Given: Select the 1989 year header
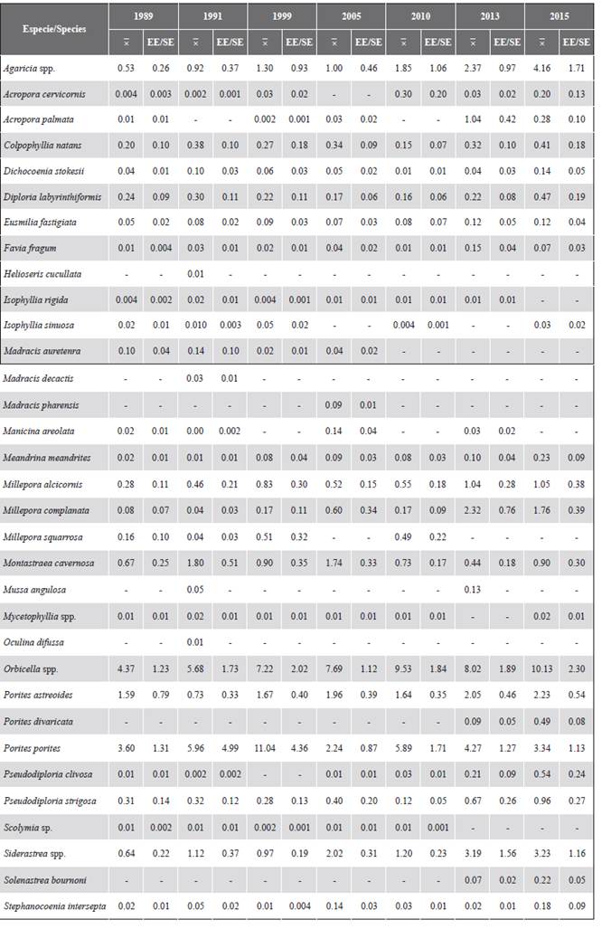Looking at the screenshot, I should (x=142, y=17).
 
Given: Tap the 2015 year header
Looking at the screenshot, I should (x=559, y=17).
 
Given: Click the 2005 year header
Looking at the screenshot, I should (x=351, y=17).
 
